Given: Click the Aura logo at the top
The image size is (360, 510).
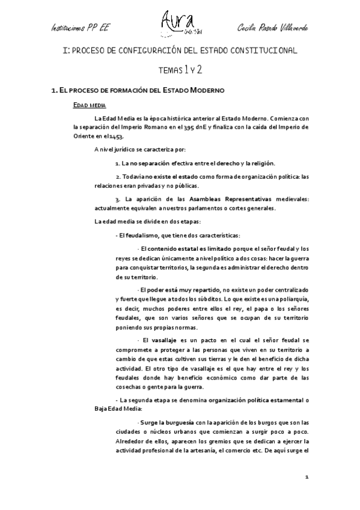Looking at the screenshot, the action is (x=178, y=22).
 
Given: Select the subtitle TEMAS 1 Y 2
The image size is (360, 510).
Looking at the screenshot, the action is (x=180, y=70).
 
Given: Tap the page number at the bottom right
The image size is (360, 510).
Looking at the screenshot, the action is (x=307, y=478).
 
